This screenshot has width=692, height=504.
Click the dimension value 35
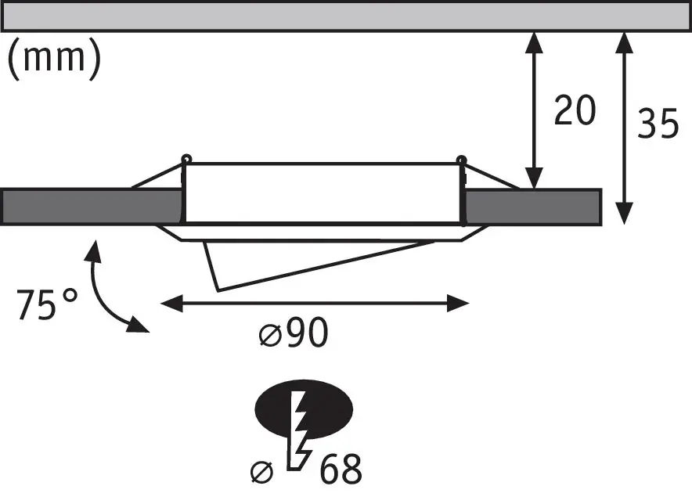[658, 124]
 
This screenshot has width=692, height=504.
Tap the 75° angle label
[48, 304]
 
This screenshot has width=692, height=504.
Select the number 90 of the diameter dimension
[306, 335]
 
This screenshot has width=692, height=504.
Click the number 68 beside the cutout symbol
[341, 470]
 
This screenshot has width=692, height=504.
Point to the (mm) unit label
[54, 60]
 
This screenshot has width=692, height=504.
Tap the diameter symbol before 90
[269, 337]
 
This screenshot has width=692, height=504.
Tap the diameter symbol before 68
[261, 472]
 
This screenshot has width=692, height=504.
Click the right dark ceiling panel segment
[532, 207]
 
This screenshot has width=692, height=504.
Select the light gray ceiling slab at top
[344, 16]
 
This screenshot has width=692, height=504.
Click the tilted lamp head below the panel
[313, 262]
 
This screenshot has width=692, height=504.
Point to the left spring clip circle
[186, 160]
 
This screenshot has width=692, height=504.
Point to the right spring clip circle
[462, 161]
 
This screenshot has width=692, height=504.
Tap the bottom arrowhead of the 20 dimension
[534, 179]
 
